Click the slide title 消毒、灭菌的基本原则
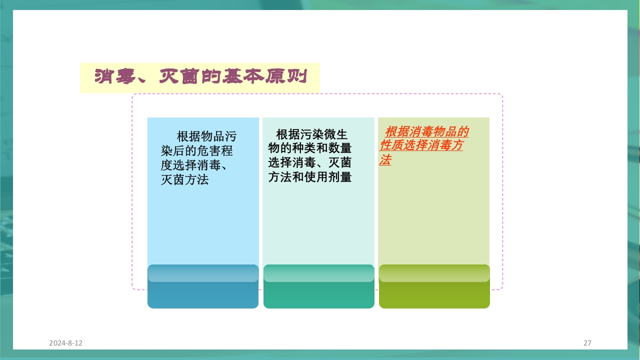[200, 77]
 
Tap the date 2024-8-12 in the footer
[65, 343]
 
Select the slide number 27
[587, 343]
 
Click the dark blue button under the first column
[203, 295]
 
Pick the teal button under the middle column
[318, 295]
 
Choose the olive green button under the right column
[434, 295]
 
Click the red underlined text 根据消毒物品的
[426, 132]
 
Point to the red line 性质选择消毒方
[421, 146]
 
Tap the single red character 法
[385, 160]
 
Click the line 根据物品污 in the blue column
[206, 136]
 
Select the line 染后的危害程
[196, 151]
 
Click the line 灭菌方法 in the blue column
[184, 180]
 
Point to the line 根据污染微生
[311, 134]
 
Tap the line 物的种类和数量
[310, 148]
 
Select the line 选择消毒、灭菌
[310, 162]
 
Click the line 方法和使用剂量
[310, 177]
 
